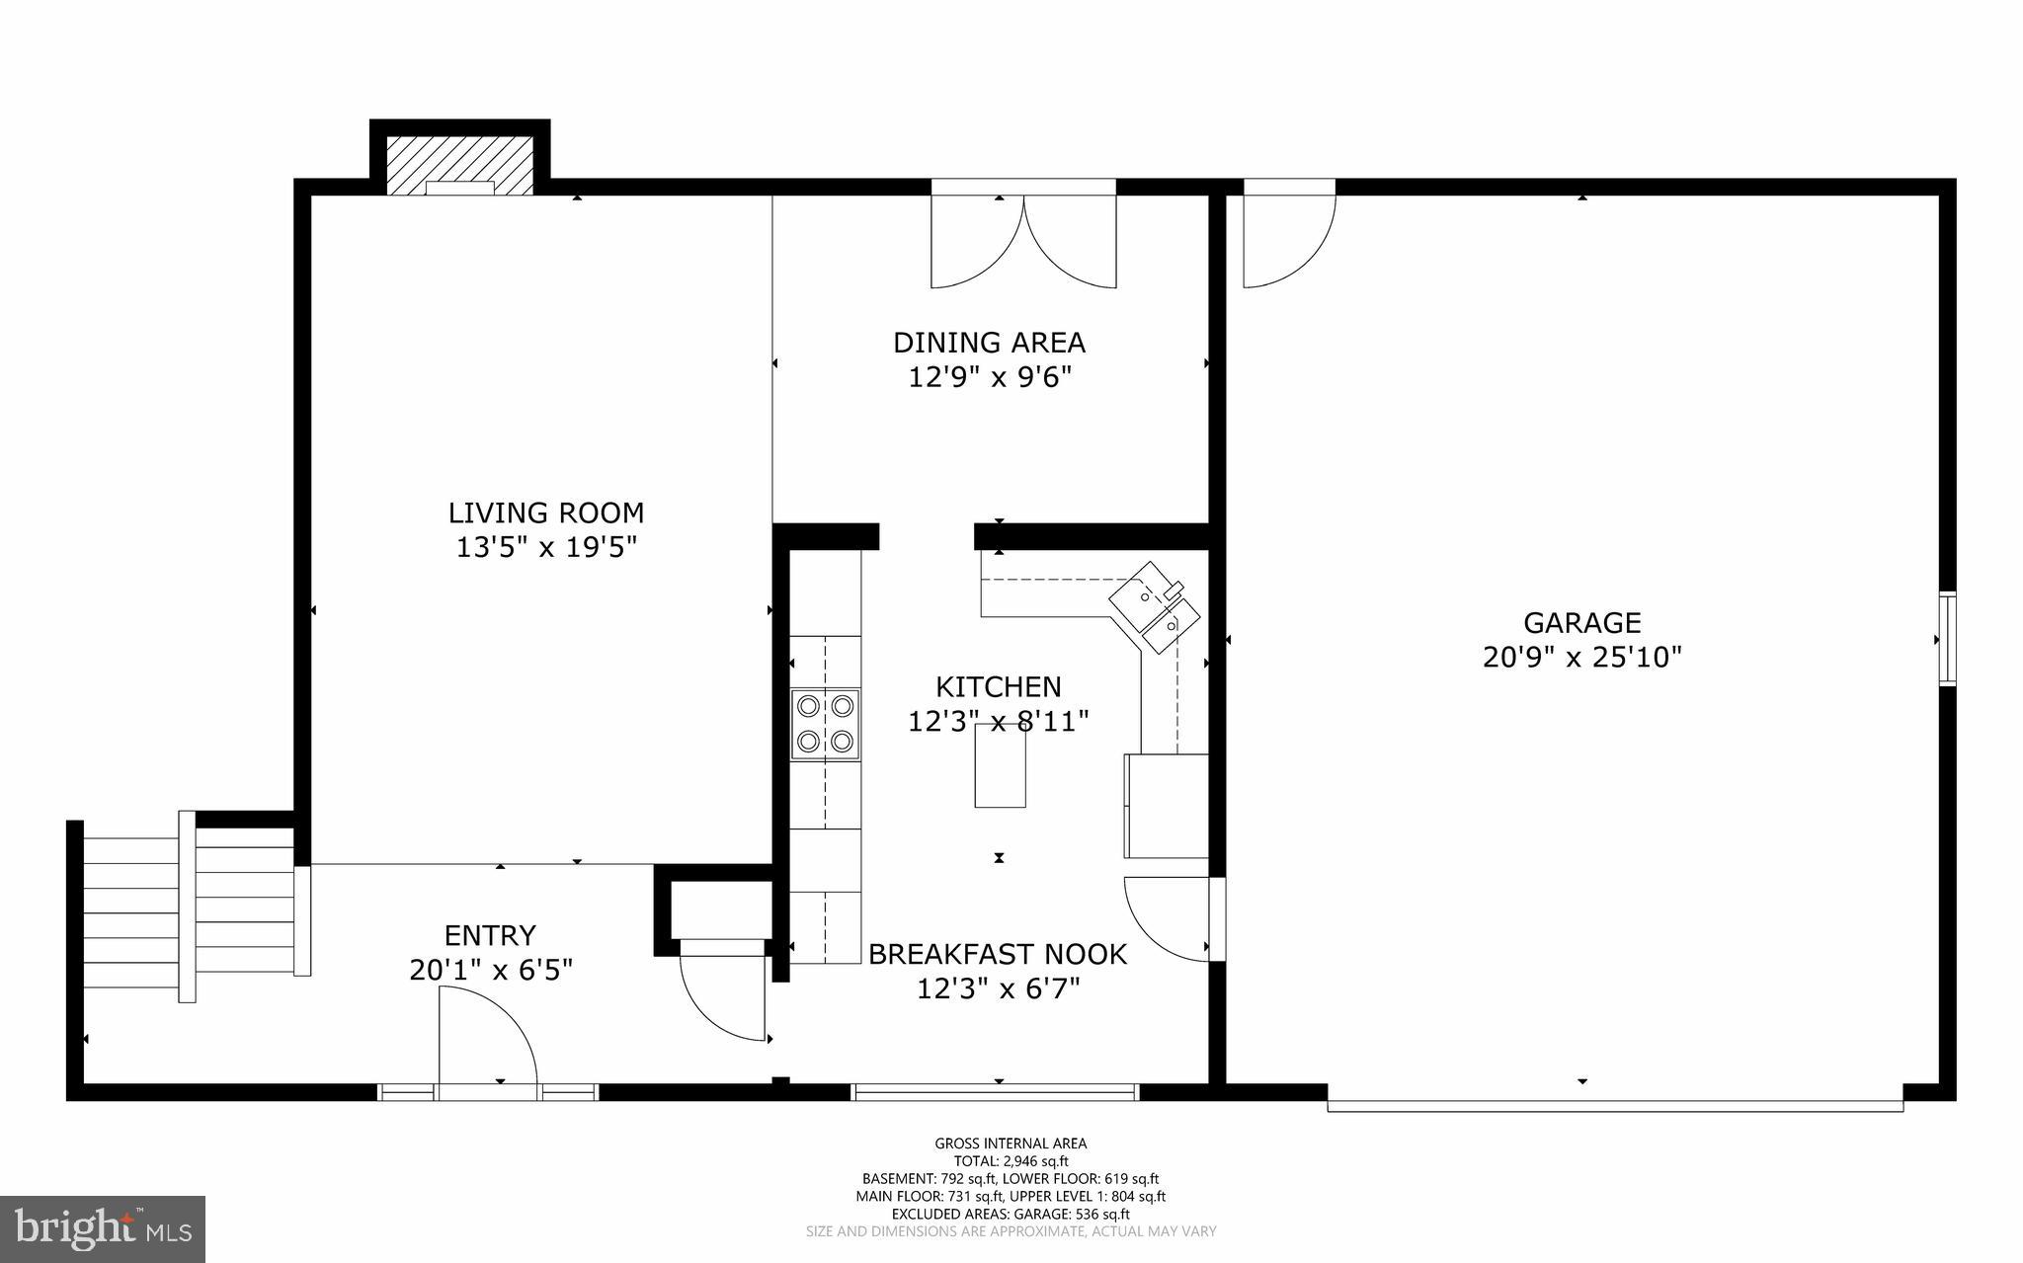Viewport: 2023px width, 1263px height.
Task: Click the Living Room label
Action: point(545,513)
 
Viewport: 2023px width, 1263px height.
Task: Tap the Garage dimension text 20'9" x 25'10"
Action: point(1581,657)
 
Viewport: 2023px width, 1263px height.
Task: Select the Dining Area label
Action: point(989,343)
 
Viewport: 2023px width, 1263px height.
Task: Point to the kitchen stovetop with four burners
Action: point(825,724)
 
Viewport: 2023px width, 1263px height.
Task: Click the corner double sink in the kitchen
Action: point(1155,607)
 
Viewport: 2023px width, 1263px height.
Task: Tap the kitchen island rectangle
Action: point(1000,766)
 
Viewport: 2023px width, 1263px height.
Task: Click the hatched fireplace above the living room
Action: point(459,164)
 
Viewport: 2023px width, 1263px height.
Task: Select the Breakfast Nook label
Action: point(997,954)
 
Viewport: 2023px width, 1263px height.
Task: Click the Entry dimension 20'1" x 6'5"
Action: point(491,970)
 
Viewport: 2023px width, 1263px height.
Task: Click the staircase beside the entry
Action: point(188,907)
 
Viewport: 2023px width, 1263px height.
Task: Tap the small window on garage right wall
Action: point(1947,638)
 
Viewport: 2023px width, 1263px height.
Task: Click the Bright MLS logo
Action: point(102,1227)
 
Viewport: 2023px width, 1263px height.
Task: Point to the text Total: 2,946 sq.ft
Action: point(1011,1161)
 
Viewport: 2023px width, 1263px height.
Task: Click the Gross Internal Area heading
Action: point(1011,1144)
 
